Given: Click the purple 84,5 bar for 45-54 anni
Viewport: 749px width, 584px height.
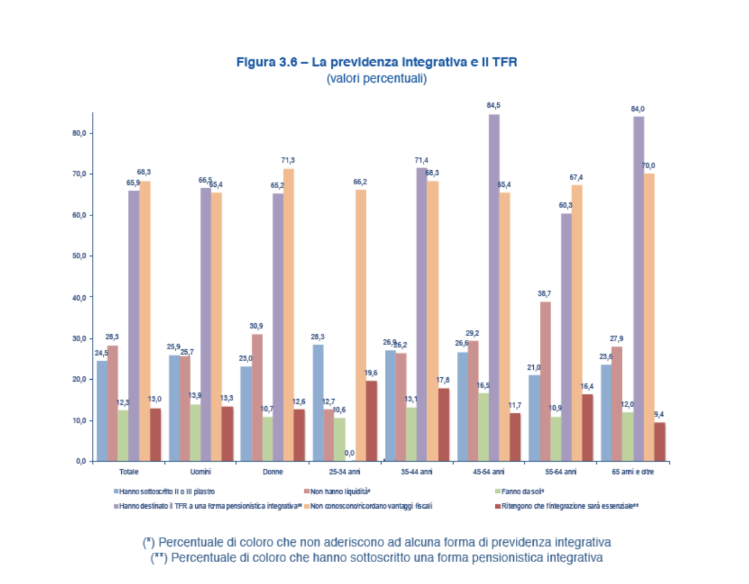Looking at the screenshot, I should pos(494,287).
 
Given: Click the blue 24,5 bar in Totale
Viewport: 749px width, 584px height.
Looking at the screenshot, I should pos(102,411).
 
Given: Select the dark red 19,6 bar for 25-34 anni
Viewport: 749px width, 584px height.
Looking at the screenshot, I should pos(371,420).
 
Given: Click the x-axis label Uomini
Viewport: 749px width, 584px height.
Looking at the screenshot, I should pos(201,472).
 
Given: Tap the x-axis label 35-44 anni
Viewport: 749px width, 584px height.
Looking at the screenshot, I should pos(416,472).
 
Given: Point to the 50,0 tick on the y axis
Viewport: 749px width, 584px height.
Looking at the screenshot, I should pos(79,256).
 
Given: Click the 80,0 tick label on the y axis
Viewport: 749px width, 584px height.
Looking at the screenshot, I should pos(79,133).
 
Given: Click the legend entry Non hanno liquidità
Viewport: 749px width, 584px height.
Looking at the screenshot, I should pos(339,492).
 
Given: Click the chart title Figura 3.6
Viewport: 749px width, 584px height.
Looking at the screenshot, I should pos(376,62).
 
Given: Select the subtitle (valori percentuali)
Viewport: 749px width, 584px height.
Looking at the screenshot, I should pos(376,78).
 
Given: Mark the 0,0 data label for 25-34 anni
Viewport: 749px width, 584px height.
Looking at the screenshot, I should pos(349,453).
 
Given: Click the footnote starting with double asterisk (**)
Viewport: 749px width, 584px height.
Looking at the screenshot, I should pos(376,558).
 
